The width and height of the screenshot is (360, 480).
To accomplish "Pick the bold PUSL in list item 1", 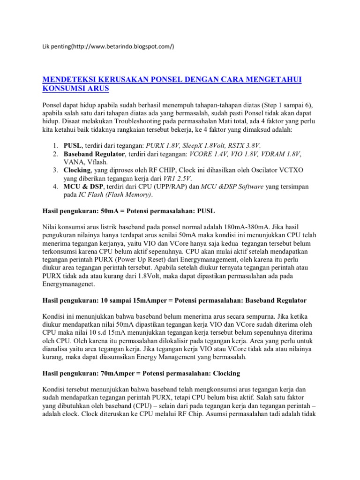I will [x=73, y=145].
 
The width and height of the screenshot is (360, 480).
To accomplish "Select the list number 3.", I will [x=54, y=170].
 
